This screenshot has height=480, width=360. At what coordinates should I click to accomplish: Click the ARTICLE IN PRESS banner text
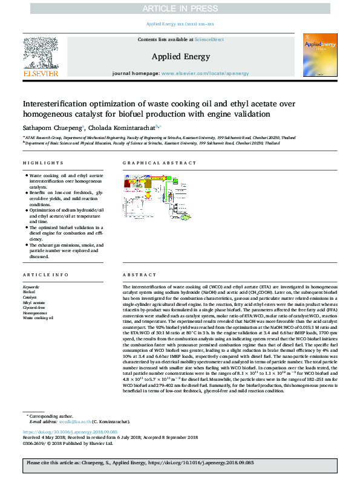tap(180, 8)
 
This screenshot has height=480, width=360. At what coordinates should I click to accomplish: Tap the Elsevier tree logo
tap(41, 54)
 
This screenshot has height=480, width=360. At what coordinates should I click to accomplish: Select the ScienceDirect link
tap(208, 39)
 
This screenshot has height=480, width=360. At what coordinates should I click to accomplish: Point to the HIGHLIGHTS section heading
tap(43, 163)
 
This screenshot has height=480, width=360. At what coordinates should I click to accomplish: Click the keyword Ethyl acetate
tap(34, 303)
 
